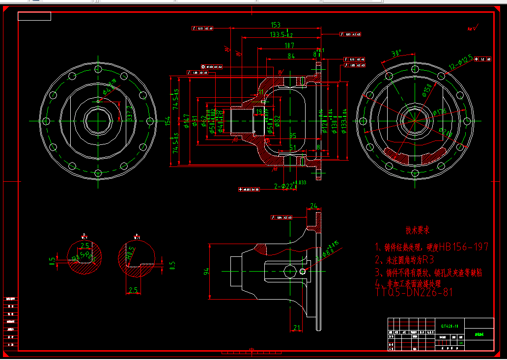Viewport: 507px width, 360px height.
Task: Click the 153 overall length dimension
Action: (275, 25)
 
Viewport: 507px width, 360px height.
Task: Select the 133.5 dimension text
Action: (281, 35)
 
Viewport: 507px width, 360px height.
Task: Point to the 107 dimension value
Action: (289, 46)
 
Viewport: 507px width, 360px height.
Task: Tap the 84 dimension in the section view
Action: (291, 56)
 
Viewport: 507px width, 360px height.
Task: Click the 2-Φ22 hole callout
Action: (290, 186)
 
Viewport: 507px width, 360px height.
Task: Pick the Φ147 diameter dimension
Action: (187, 121)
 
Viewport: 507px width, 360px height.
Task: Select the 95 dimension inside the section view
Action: (293, 136)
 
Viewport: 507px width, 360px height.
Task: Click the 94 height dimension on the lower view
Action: (207, 271)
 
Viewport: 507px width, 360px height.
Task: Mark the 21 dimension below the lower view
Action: (296, 328)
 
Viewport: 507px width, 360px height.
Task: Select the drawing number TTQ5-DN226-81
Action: (414, 292)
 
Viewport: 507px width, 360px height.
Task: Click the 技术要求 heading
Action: (418, 230)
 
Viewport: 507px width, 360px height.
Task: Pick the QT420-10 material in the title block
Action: (450, 326)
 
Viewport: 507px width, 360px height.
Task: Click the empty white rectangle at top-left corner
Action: (34, 16)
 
